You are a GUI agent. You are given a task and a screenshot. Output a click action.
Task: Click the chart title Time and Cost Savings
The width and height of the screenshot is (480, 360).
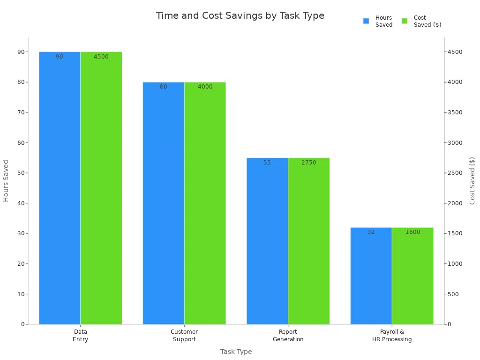[240, 15]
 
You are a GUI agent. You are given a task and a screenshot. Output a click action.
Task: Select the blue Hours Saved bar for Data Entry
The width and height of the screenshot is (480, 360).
[60, 187]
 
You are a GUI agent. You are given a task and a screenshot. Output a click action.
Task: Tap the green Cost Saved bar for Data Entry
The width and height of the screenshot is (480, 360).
[101, 187]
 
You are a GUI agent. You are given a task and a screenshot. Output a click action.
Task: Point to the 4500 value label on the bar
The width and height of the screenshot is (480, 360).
[101, 57]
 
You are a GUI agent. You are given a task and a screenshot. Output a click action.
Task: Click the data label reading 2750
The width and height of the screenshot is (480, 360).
[308, 163]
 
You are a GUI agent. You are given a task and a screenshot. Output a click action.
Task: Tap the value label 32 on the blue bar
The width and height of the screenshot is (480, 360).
[371, 232]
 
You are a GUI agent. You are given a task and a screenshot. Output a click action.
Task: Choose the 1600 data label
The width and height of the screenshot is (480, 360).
[412, 232]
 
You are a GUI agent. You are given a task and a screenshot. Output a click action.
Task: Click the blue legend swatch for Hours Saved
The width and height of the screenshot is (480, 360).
[366, 21]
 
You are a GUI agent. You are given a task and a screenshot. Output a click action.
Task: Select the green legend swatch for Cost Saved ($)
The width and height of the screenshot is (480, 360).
[405, 21]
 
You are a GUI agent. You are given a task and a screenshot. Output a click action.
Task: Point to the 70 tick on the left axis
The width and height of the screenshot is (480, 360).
[21, 112]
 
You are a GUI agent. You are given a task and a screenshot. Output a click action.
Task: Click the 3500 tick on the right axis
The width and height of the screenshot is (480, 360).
[454, 112]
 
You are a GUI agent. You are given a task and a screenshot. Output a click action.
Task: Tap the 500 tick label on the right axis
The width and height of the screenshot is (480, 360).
[452, 294]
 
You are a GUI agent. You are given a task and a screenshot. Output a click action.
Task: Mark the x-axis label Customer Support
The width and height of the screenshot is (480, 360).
[184, 336]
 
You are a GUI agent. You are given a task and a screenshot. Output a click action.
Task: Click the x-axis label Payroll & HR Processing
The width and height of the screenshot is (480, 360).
[392, 336]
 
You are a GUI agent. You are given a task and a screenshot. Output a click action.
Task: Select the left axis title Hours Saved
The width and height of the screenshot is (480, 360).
[6, 180]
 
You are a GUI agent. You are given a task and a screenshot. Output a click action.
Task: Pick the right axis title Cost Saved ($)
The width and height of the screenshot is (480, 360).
[472, 180]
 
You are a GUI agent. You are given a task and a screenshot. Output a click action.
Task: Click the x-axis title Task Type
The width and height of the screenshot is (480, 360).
[236, 352]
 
